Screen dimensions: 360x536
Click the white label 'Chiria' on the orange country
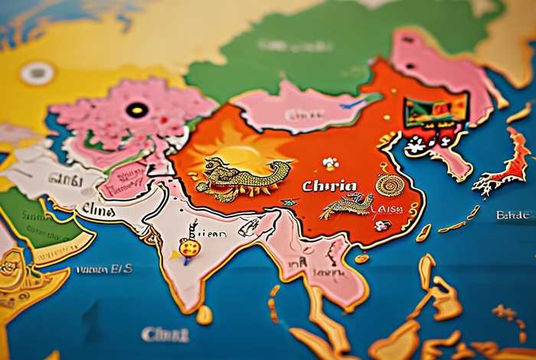(328, 186)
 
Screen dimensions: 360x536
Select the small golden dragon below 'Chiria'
(348, 205)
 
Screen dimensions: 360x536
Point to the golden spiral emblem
(391, 185)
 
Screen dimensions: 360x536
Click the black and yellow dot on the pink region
(137, 110)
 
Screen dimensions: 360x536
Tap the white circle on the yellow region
(37, 74)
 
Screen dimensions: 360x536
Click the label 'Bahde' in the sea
(512, 215)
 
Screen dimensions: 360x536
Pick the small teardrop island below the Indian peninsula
(204, 315)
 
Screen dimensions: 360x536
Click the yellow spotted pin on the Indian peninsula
(189, 248)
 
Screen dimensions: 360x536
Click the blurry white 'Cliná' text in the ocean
(165, 334)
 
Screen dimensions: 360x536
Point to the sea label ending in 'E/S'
(104, 270)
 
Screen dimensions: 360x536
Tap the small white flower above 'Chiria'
(330, 163)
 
